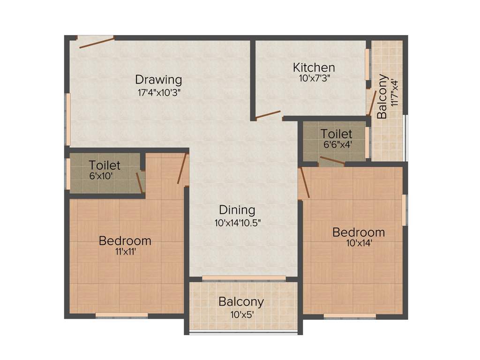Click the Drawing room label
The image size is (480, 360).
158,79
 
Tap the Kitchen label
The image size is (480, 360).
314,67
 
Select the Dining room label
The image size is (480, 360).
238,210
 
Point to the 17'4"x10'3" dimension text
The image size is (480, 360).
159,92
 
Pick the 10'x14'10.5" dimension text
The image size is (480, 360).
238,223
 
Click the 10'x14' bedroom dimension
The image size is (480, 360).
359,243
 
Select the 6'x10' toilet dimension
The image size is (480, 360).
102,177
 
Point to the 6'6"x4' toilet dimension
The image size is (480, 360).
337,145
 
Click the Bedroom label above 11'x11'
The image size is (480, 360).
125,241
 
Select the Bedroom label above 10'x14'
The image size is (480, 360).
359,232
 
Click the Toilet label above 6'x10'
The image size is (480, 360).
105,165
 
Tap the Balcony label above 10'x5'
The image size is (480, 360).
241,301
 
